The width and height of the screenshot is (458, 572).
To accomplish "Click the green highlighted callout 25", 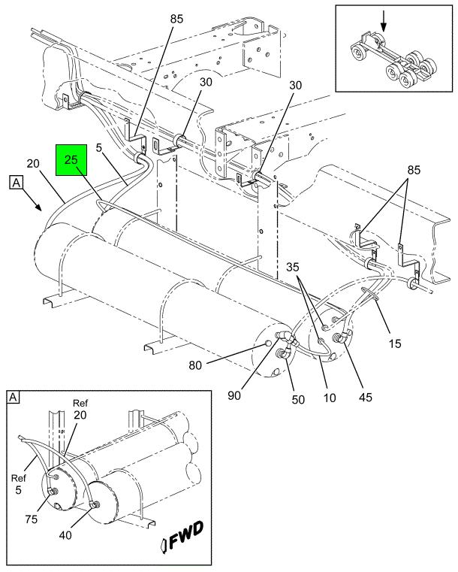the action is [x=71, y=160].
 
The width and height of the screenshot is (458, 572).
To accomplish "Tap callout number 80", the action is [x=195, y=365].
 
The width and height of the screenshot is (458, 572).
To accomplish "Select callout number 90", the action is [x=234, y=395].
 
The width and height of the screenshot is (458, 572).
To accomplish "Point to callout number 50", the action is [x=298, y=399].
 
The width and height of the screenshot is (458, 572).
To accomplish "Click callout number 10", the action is [x=330, y=398].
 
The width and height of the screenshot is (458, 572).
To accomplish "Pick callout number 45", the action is [x=366, y=397].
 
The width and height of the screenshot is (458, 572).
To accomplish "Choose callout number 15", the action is [x=395, y=344].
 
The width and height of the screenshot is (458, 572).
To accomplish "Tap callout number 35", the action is [x=292, y=267].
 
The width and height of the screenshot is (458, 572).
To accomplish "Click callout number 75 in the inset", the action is [x=32, y=519].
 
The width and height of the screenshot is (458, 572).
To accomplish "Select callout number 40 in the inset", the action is [x=65, y=535].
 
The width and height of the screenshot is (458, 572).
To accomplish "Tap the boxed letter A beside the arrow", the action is [x=16, y=183].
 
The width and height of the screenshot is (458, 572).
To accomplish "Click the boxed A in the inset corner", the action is [x=13, y=397].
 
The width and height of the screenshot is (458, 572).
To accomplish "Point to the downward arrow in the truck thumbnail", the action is [x=383, y=22].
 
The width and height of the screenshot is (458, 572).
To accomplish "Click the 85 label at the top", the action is [x=176, y=19].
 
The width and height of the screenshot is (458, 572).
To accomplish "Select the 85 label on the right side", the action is [x=414, y=170].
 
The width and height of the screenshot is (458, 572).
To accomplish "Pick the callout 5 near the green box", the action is [x=99, y=148].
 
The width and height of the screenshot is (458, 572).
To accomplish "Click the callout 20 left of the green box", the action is [x=33, y=163].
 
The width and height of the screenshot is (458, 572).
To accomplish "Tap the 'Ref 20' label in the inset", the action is [x=80, y=409].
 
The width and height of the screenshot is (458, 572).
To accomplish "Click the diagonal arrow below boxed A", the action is [x=36, y=203].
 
